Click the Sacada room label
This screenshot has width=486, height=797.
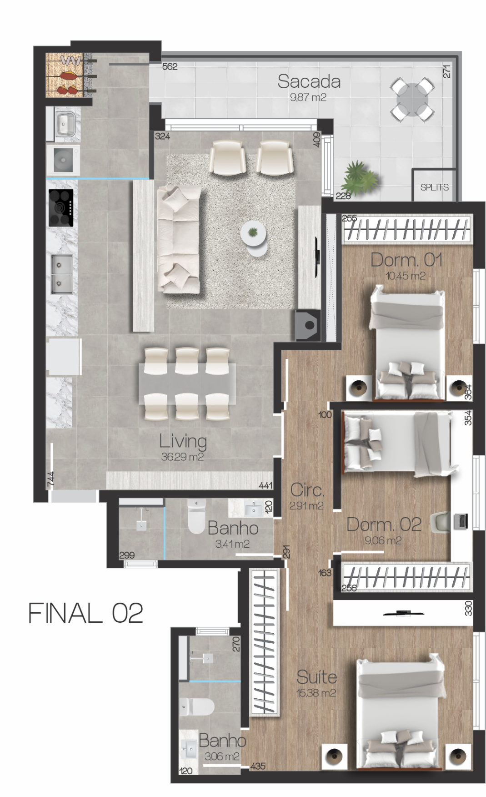309,81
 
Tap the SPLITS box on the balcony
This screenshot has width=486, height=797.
434,185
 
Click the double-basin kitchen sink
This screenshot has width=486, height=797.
61,273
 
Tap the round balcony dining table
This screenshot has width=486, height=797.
412,99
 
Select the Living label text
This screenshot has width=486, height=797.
183,441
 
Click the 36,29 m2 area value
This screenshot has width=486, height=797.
182,457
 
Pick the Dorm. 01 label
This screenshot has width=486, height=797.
406,260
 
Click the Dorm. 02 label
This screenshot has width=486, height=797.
384,525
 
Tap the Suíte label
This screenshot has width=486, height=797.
316,677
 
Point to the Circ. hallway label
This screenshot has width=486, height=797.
307,490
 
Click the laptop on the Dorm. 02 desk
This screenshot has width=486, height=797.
461,521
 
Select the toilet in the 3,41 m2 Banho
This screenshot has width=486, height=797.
197,517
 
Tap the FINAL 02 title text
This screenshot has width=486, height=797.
85,613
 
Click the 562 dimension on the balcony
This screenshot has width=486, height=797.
170,66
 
